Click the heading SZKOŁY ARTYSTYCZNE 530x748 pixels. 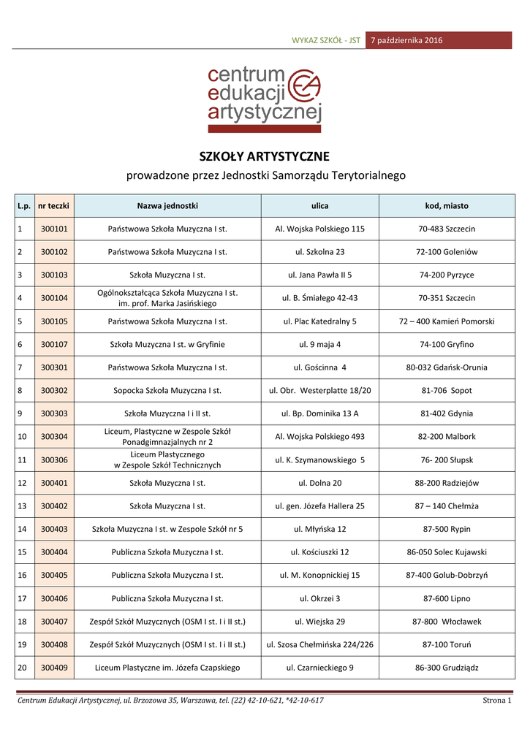pyautogui.click(x=265, y=156)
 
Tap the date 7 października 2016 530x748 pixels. pyautogui.click(x=406, y=39)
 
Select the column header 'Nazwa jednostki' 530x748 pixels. pyautogui.click(x=167, y=206)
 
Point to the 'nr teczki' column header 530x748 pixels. pyautogui.click(x=53, y=206)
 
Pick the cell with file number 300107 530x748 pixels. pyautogui.click(x=53, y=344)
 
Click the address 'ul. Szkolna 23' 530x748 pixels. pyautogui.click(x=319, y=252)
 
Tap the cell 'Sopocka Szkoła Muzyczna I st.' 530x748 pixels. pyautogui.click(x=167, y=390)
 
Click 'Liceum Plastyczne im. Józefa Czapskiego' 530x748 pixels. pyautogui.click(x=167, y=667)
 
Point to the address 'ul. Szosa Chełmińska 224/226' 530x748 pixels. pyautogui.click(x=319, y=644)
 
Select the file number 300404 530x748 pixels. pyautogui.click(x=53, y=552)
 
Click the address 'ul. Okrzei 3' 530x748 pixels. pyautogui.click(x=319, y=598)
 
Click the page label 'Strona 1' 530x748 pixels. pyautogui.click(x=496, y=701)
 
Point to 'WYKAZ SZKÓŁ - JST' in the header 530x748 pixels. pyautogui.click(x=326, y=40)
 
